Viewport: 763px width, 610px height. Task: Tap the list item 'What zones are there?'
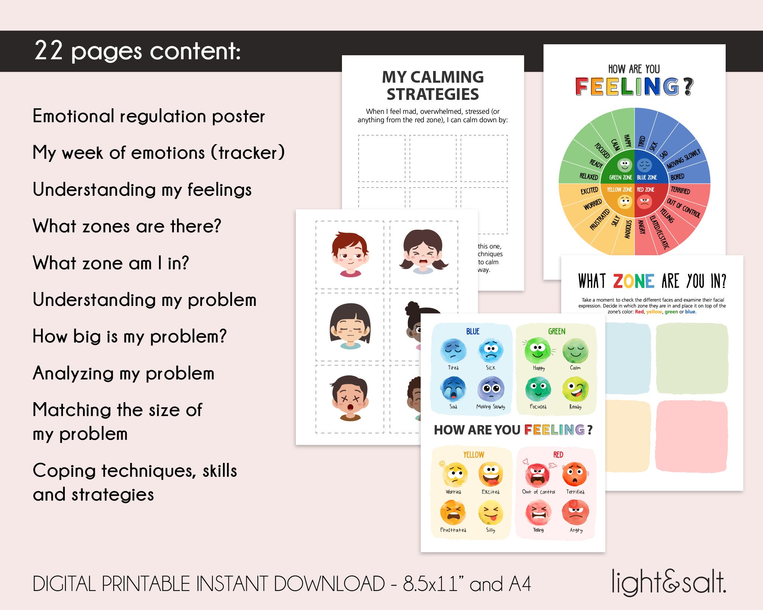point(127,226)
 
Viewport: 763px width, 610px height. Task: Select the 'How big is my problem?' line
point(130,336)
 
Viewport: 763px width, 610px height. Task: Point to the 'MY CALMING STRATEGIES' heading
point(433,86)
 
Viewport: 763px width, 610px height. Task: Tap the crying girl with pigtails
point(423,252)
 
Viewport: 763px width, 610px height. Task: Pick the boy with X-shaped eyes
point(350,398)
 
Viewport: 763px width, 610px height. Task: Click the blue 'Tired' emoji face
point(453,351)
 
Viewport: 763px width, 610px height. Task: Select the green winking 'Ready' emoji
point(575,390)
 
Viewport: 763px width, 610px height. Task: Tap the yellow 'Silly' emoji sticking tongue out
point(491,513)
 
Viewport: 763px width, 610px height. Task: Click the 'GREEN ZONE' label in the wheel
point(620,177)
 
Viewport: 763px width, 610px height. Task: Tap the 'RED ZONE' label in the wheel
point(645,190)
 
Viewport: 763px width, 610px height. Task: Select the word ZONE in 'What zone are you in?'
point(634,281)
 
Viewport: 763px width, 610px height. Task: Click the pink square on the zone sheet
point(692,436)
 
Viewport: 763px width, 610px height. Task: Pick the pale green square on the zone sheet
point(692,358)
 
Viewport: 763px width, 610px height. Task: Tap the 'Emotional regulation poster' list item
point(149,116)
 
